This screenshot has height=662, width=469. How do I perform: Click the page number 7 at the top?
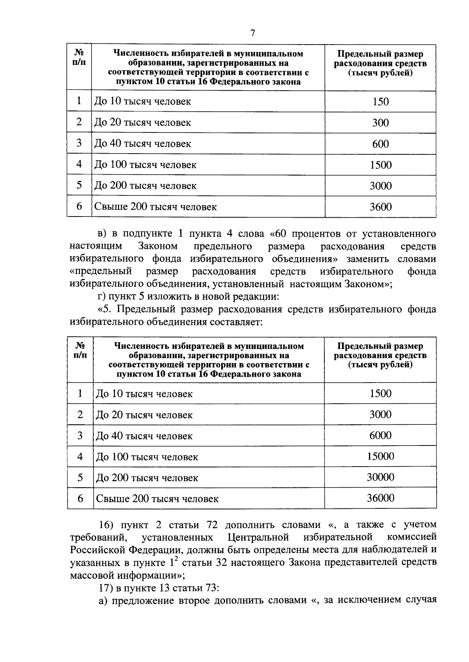[x=252, y=33]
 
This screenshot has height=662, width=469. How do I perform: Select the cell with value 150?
[x=380, y=102]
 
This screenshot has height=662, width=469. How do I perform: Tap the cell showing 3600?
[x=380, y=207]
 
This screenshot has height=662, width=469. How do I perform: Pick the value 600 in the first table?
[x=380, y=144]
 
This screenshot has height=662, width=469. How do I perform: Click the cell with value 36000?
[x=380, y=498]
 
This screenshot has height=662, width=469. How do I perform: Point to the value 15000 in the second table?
[x=380, y=456]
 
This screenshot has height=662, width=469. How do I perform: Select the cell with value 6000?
[x=380, y=435]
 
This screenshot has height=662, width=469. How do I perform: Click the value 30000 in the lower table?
[x=380, y=477]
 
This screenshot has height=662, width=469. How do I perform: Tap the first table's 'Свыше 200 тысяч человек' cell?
[x=156, y=207]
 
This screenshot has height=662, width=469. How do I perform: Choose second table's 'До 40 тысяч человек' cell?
[x=144, y=436]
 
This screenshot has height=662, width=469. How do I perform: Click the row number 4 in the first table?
[x=79, y=164]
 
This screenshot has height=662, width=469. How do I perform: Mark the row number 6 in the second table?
[x=80, y=499]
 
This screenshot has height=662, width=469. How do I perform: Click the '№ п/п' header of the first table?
[x=79, y=57]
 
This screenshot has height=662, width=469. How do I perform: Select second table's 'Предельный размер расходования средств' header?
[x=380, y=355]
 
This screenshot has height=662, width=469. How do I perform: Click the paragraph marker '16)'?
[x=106, y=524]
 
